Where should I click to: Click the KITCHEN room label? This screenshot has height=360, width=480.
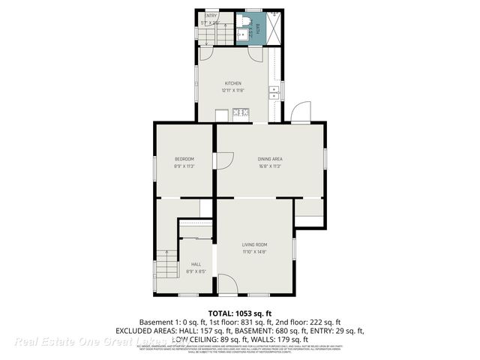pos(233,83)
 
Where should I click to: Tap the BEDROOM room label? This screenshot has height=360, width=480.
pos(184,159)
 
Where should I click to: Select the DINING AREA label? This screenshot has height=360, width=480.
pos(270,159)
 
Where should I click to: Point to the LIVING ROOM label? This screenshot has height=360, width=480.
pos(254,245)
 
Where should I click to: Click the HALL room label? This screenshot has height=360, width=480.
pos(196,264)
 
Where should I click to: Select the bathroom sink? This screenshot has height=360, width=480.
pos(242,34)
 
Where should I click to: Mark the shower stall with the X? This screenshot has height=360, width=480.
pos(274,28)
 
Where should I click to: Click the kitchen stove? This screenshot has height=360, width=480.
pos(241,115)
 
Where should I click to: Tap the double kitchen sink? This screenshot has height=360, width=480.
pos(273,93)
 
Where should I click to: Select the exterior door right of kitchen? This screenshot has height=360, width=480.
pos(301,112)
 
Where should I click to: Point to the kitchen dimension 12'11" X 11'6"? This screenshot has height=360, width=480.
pos(233,90)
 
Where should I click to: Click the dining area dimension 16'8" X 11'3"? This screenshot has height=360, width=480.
pos(270,166)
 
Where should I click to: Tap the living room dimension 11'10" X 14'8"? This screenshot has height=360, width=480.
pos(254,252)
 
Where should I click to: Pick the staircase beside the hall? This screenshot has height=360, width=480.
pos(166,264)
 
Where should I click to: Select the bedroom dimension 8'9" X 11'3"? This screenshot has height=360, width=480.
pos(184,166)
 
